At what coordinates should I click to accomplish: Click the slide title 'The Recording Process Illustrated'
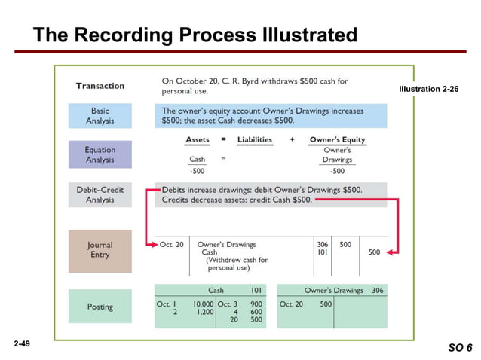(x=195, y=35)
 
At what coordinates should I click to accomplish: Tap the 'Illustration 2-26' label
(x=428, y=90)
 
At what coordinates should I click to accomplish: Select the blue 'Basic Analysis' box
(x=100, y=115)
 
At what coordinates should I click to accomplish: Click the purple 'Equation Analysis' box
(x=100, y=154)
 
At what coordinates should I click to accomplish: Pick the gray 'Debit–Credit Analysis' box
(x=100, y=194)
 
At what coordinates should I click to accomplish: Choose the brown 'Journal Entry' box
(x=100, y=249)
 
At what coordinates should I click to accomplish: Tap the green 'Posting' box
(x=100, y=307)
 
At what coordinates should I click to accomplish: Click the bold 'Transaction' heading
(x=100, y=86)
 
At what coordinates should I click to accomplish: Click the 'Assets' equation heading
(x=198, y=139)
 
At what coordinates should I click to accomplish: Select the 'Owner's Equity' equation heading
(x=337, y=139)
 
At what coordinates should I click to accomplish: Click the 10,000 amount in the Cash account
(x=201, y=304)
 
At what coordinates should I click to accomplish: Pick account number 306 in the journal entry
(x=323, y=244)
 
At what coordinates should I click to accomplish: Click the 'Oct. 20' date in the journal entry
(x=171, y=244)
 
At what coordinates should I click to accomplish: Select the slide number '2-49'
(x=23, y=343)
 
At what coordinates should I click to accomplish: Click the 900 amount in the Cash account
(x=256, y=304)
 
